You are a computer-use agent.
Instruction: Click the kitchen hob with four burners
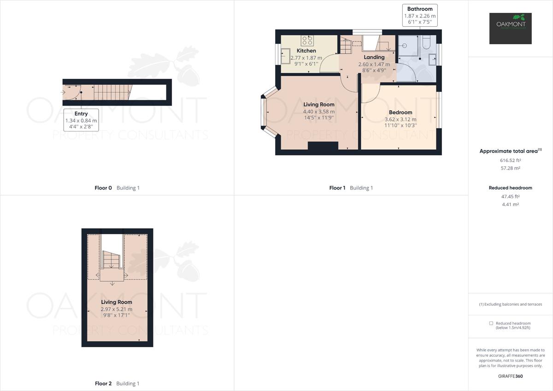pyautogui.click(x=307, y=40)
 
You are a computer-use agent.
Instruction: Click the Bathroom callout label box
pyautogui.click(x=420, y=15)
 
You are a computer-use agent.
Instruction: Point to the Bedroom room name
pyautogui.click(x=400, y=113)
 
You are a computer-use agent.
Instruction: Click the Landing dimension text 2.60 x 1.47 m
pyautogui.click(x=374, y=65)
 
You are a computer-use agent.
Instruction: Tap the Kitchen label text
pyautogui.click(x=306, y=51)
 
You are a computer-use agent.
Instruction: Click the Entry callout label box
pyautogui.click(x=81, y=120)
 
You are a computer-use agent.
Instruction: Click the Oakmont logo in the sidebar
pyautogui.click(x=510, y=28)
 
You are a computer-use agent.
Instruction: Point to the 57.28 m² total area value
pyautogui.click(x=510, y=168)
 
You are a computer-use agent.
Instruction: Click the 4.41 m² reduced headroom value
pyautogui.click(x=510, y=204)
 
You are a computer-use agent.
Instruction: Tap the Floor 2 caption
pyautogui.click(x=103, y=384)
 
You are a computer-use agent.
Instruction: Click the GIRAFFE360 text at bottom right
pyautogui.click(x=510, y=376)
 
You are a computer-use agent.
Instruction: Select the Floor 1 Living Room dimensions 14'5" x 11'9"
pyautogui.click(x=318, y=118)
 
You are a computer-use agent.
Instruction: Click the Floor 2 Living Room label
pyautogui.click(x=117, y=302)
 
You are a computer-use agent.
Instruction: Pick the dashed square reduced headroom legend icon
pyautogui.click(x=491, y=324)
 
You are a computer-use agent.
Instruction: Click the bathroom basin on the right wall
pyautogui.click(x=432, y=59)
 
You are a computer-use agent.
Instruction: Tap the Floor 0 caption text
pyautogui.click(x=103, y=188)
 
